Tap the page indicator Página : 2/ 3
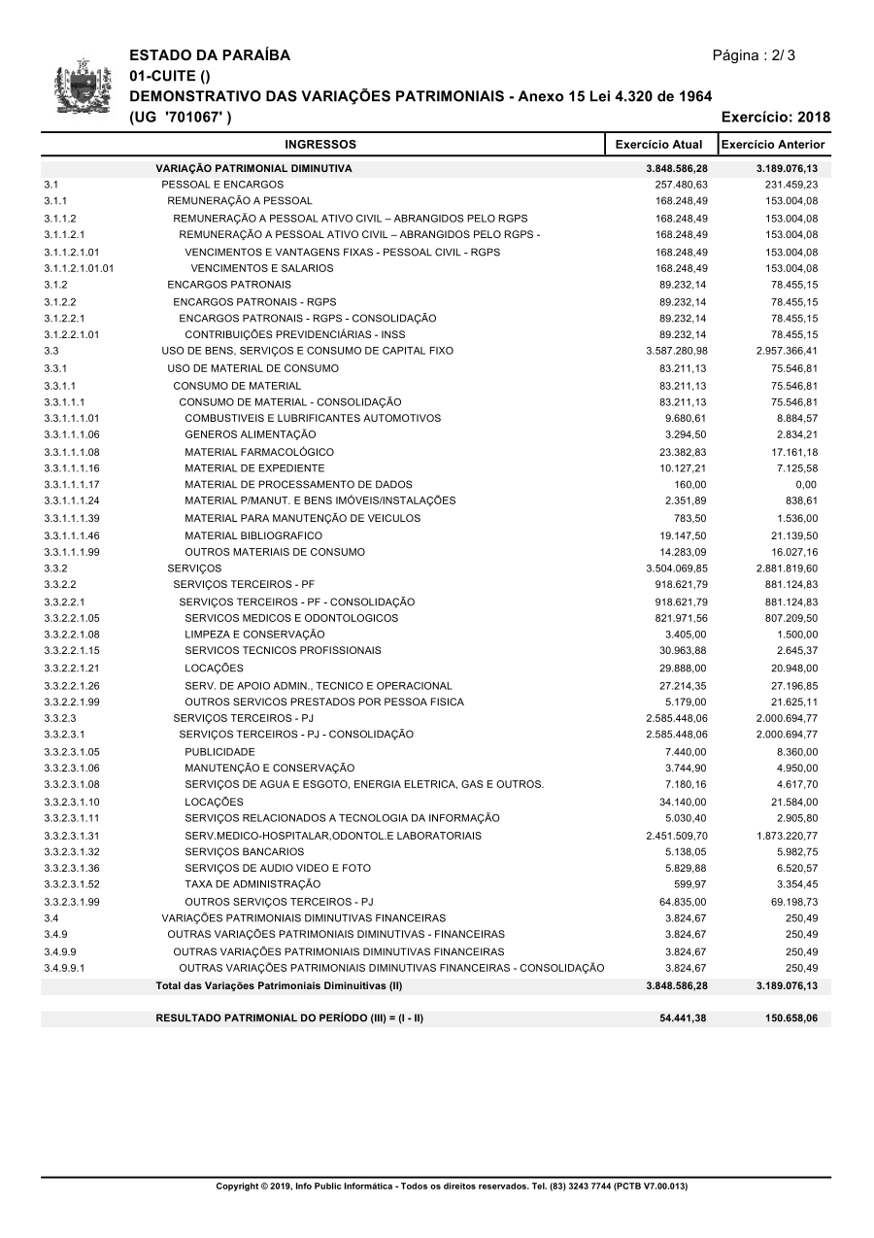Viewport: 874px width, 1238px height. pos(754,55)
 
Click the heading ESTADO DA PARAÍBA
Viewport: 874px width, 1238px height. pos(210,55)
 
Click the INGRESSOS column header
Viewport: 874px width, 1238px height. pos(320,145)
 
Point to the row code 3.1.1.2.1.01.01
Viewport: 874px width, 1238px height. pos(79,268)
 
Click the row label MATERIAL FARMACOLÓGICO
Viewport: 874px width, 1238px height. pos(259,452)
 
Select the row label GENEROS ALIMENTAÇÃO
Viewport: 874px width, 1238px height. pos(251,434)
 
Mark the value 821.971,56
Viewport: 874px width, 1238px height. pos(681,618)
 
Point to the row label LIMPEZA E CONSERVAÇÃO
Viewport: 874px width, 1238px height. pos(255,635)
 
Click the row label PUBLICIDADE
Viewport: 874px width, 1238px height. pos(220,751)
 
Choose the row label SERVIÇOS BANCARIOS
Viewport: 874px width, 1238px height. pos(245,851)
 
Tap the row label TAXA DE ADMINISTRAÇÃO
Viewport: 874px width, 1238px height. pos(252,884)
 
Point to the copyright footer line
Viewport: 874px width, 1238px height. pos(452,1186)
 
